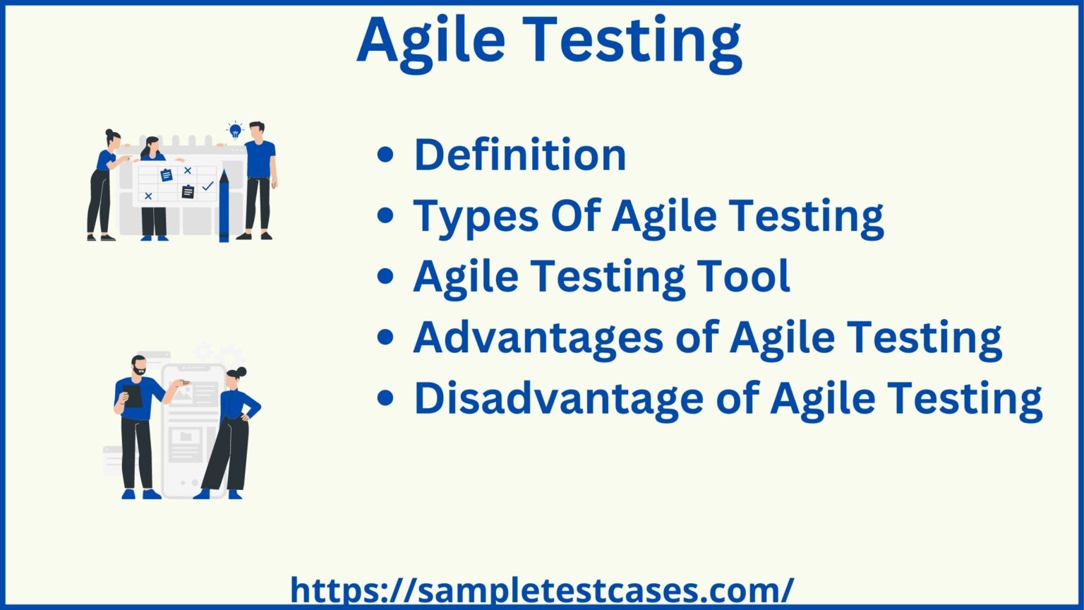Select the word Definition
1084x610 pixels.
pyautogui.click(x=520, y=155)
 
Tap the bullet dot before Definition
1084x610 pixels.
pyautogui.click(x=385, y=155)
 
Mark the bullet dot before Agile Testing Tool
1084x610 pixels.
pyautogui.click(x=385, y=277)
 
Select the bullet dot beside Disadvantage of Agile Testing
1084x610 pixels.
pyautogui.click(x=385, y=399)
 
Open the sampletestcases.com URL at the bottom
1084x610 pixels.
pyautogui.click(x=542, y=590)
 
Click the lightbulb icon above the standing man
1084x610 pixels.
pyautogui.click(x=234, y=130)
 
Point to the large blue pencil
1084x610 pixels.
pyautogui.click(x=224, y=205)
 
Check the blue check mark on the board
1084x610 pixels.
pyautogui.click(x=207, y=186)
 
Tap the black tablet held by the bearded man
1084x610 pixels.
pyautogui.click(x=133, y=395)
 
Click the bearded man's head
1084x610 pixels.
pyautogui.click(x=139, y=366)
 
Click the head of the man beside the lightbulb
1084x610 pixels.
pyautogui.click(x=257, y=131)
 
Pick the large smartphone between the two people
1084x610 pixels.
pyautogui.click(x=191, y=431)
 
